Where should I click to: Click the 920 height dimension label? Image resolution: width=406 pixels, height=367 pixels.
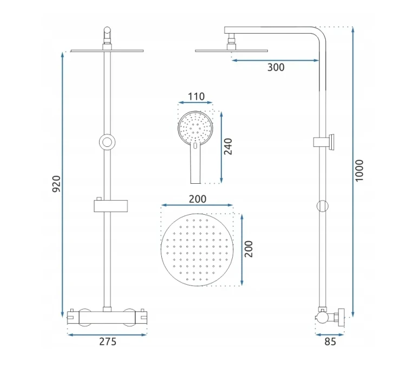tap(56, 184)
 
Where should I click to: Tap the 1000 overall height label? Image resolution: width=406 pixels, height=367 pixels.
tap(359, 171)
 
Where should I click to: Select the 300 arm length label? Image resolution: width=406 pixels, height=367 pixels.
tap(276, 67)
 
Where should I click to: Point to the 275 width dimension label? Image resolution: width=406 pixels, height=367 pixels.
tap(108, 342)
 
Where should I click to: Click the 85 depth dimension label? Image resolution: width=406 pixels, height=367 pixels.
tap(330, 342)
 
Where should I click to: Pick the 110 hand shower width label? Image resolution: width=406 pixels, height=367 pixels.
tap(196, 96)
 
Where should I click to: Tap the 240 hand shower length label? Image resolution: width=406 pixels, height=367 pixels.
tap(228, 146)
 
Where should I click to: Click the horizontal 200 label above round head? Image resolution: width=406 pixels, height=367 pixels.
tap(198, 199)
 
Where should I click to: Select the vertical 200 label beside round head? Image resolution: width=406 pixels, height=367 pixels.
tap(248, 249)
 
